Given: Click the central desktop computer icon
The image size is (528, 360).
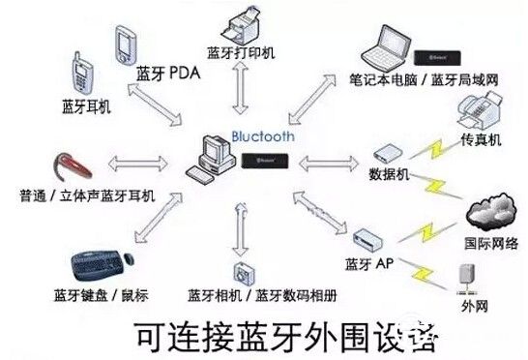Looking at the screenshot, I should click(214, 158).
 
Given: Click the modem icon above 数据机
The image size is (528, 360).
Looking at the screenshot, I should click(387, 154).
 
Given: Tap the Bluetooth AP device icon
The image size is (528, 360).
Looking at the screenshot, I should click(370, 240).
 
